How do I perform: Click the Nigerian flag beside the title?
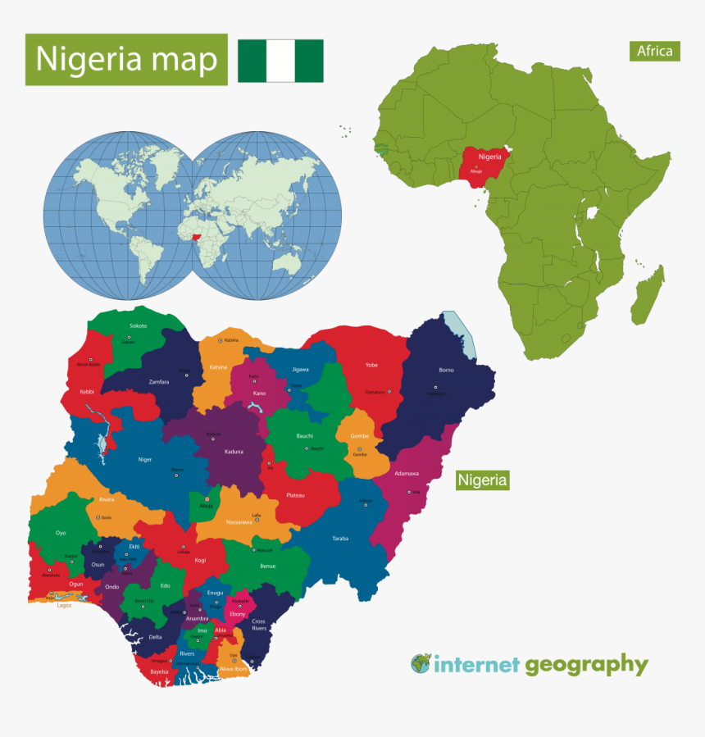[x=280, y=61]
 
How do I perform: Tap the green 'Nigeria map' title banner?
[x=126, y=60]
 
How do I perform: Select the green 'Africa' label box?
[x=655, y=51]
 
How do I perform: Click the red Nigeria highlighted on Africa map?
[x=484, y=163]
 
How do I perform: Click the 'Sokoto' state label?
[x=138, y=325]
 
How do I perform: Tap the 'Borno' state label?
[x=446, y=370]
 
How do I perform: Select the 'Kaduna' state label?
[x=234, y=452]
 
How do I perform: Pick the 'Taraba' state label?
[x=340, y=539]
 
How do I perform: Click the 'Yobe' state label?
[x=371, y=365]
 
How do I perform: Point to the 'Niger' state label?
[x=145, y=459]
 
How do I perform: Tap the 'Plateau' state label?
[x=296, y=496]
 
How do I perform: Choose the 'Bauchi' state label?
[x=304, y=436]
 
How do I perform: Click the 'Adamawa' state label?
[x=407, y=474]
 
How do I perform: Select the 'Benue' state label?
[x=268, y=566]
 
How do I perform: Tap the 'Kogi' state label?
[x=200, y=562]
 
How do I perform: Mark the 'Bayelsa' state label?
[x=159, y=672]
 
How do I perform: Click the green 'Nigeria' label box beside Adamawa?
[x=483, y=480]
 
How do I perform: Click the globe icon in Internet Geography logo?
[x=421, y=663]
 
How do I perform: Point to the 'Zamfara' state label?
[x=159, y=382]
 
